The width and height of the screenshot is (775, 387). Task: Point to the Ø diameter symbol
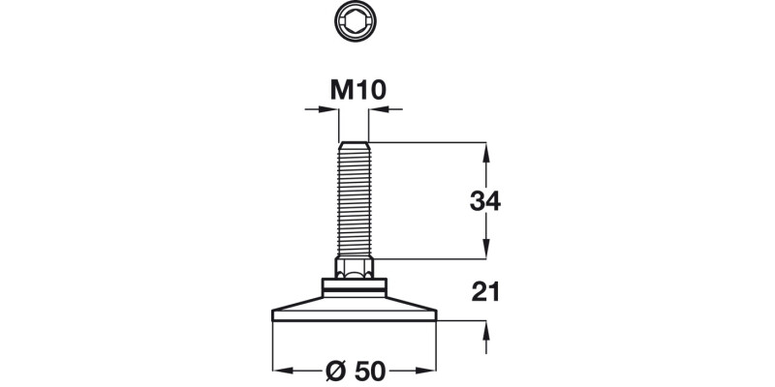332,370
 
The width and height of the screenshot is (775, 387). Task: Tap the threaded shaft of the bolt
353,198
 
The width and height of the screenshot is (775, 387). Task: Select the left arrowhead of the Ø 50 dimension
281,370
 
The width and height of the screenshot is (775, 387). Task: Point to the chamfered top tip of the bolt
353,142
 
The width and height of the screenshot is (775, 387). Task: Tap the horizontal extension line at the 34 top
426,142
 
